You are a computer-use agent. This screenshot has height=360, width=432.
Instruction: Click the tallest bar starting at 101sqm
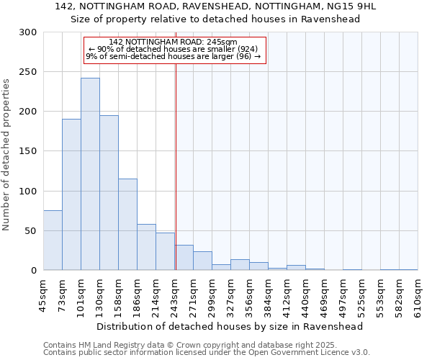pyautogui.click(x=90, y=174)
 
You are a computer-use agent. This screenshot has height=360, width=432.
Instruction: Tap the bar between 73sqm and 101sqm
pyautogui.click(x=71, y=194)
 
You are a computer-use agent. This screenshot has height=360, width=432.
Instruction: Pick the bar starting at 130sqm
pyautogui.click(x=109, y=193)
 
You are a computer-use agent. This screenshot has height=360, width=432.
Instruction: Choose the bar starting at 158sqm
pyautogui.click(x=127, y=225)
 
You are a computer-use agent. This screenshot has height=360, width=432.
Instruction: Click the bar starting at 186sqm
pyautogui.click(x=146, y=247)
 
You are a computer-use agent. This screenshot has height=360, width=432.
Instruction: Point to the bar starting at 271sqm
pyautogui.click(x=202, y=261)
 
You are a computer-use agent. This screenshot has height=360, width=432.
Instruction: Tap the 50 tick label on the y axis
pyautogui.click(x=32, y=231)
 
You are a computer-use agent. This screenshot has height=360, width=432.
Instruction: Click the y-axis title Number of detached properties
pyautogui.click(x=7, y=151)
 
